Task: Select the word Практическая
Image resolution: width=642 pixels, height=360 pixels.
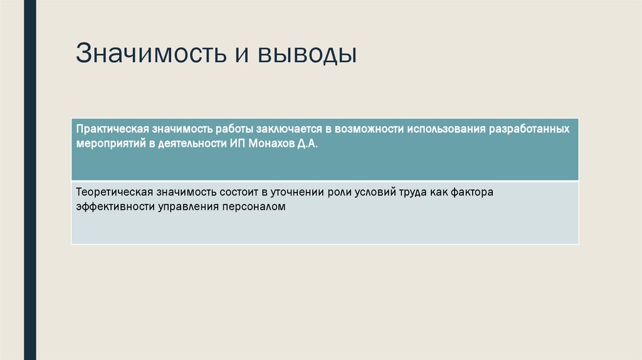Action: tap(112, 129)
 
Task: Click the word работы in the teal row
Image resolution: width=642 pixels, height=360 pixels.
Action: tap(232, 129)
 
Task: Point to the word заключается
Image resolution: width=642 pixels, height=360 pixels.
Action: tap(288, 129)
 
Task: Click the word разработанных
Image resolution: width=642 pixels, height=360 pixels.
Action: tap(534, 129)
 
